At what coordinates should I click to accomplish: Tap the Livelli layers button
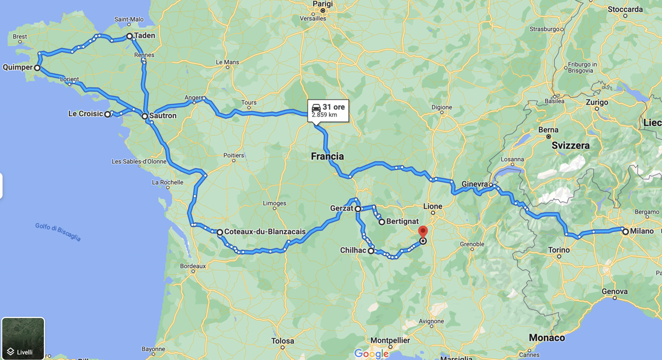click(23, 338)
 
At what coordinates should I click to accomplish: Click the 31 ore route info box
click(328, 110)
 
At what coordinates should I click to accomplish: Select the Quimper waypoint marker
click(37, 68)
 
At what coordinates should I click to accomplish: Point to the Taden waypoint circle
click(130, 36)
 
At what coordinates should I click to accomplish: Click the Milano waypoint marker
click(625, 232)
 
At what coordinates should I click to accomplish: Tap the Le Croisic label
click(85, 113)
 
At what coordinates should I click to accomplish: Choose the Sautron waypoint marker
click(145, 116)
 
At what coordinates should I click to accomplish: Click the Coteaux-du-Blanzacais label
click(264, 232)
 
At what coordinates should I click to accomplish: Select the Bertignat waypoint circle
click(381, 222)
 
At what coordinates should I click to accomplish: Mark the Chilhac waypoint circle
click(371, 251)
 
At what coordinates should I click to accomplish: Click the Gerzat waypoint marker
click(358, 209)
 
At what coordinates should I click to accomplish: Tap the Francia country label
click(327, 157)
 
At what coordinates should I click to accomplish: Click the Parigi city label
click(322, 4)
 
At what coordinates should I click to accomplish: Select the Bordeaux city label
click(192, 265)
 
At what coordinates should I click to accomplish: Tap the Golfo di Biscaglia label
click(58, 232)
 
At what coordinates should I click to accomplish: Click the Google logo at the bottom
click(371, 353)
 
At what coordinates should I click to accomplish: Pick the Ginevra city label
click(475, 184)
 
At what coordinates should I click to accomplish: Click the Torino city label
click(559, 250)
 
